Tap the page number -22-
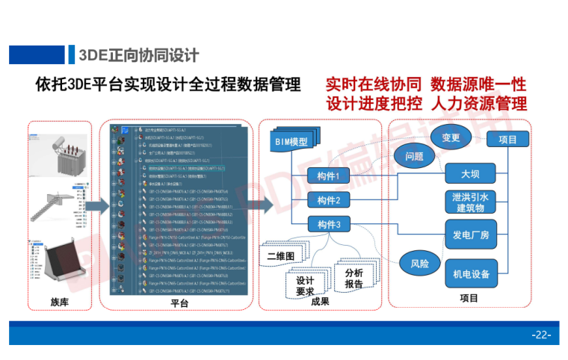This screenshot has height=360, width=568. click(540, 334)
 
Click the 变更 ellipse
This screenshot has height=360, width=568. click(451, 137)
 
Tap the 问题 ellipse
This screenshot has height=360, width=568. click(414, 157)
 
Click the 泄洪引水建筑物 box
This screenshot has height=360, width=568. click(470, 202)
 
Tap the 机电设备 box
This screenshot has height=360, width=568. click(470, 273)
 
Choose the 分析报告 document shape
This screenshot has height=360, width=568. click(354, 278)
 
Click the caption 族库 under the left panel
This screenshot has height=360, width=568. click(60, 301)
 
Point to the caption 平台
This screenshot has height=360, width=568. click(179, 302)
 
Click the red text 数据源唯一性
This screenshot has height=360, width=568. click(479, 82)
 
